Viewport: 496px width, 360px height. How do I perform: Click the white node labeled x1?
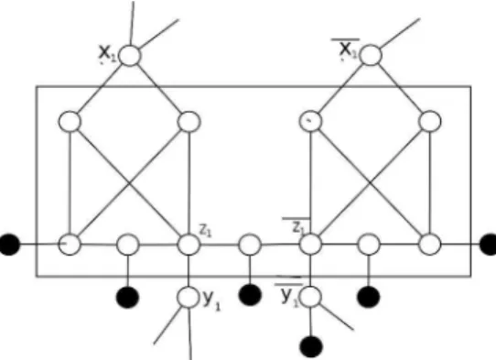click(130, 55)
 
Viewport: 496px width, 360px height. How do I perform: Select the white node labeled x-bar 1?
click(371, 55)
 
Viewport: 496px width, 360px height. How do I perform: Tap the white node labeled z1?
click(189, 245)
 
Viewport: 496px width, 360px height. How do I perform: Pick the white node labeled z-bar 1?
click(310, 245)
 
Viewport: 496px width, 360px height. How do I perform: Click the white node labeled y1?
click(189, 297)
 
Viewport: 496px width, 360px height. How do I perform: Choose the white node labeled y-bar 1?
click(310, 297)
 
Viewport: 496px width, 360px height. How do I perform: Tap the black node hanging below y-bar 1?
click(311, 347)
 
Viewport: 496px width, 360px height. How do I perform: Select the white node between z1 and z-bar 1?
click(250, 245)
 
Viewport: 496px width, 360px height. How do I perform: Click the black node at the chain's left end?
click(9, 245)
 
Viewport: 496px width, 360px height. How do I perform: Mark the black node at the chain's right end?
click(489, 245)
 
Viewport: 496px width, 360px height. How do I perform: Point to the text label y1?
click(211, 300)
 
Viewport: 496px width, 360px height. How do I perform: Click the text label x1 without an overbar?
click(108, 53)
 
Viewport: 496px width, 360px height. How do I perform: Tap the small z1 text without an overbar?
click(206, 230)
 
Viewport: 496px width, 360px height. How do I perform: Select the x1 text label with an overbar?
click(347, 49)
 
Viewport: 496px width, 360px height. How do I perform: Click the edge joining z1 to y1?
click(189, 271)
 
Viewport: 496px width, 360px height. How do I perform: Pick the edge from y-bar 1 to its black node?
click(310, 322)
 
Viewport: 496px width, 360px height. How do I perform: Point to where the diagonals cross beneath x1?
click(129, 182)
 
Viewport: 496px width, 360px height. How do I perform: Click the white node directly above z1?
click(189, 122)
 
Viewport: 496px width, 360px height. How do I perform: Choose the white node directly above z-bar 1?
click(310, 121)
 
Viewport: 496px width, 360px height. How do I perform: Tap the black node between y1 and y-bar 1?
click(250, 295)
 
